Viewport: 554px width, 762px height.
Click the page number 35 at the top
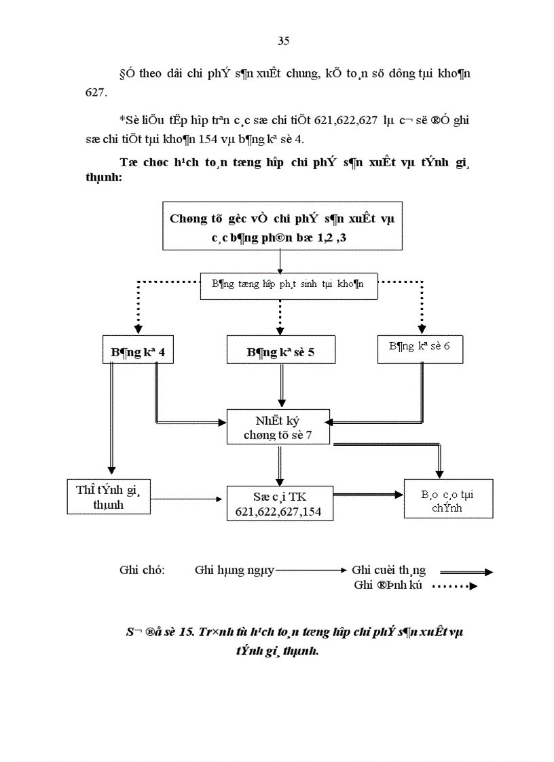pos(284,41)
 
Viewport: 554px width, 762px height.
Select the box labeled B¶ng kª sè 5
pos(280,353)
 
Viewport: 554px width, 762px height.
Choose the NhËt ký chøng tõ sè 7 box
pos(278,427)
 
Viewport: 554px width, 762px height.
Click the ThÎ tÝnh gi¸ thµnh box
pos(109,497)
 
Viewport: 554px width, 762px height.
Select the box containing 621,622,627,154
pos(280,503)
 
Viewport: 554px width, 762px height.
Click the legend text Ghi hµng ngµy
pos(234,570)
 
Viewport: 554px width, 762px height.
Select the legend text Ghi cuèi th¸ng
pos(388,570)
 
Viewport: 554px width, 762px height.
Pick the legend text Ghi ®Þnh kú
pos(388,586)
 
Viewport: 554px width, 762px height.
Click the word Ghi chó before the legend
pos(142,570)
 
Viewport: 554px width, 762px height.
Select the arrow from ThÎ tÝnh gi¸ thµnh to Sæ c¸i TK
pos(188,498)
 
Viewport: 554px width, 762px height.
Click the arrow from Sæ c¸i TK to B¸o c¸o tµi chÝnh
pos(367,496)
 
